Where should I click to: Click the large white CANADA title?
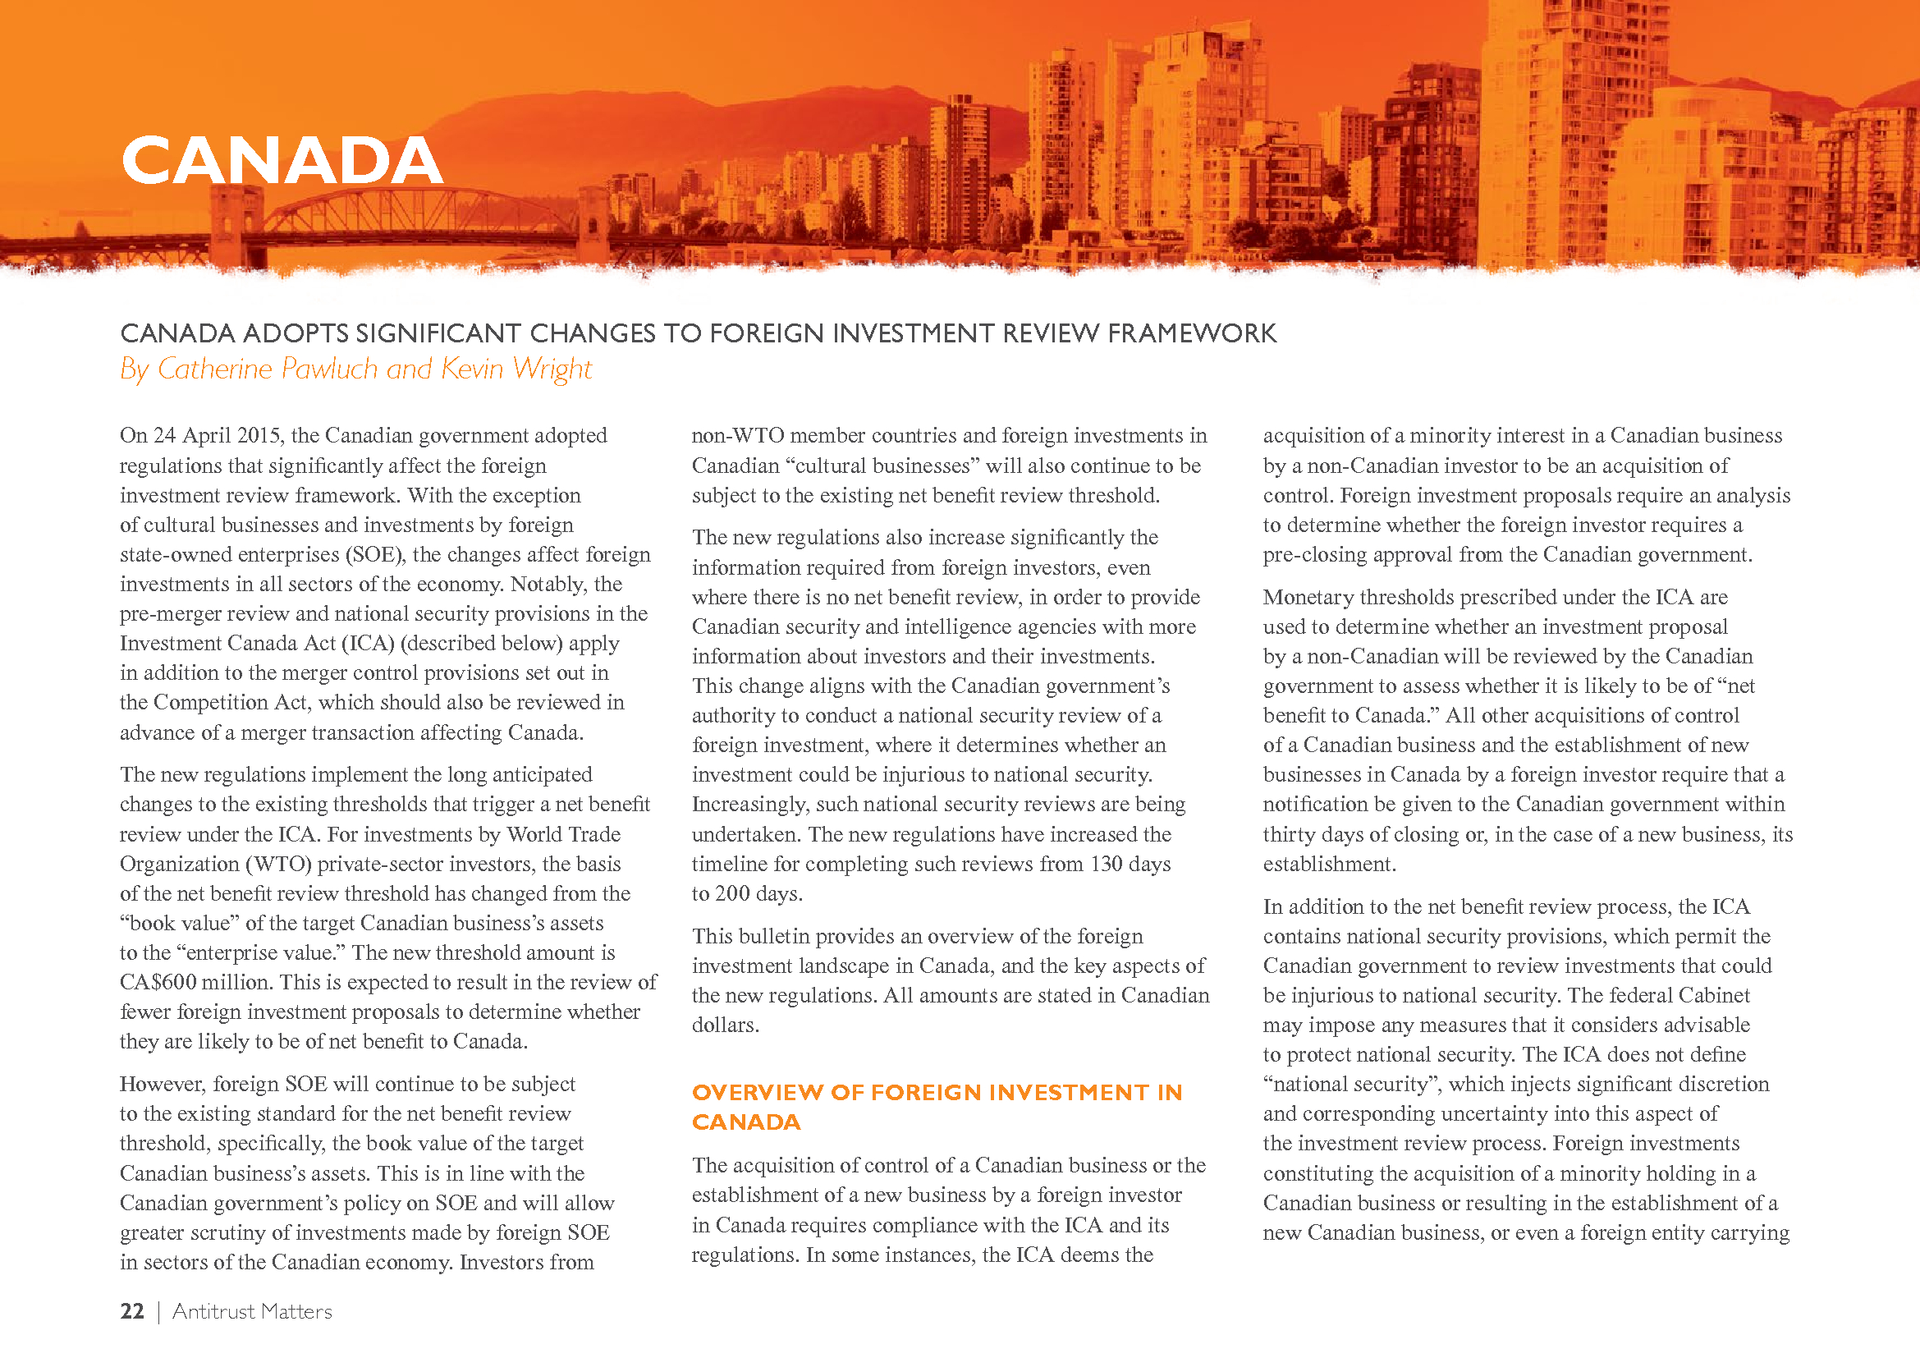[x=282, y=161]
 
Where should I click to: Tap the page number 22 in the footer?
[x=132, y=1311]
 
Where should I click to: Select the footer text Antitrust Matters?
[x=252, y=1311]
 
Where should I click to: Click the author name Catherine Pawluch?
[x=268, y=369]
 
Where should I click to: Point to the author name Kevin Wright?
[x=516, y=369]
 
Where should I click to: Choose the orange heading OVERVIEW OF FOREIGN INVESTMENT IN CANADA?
[x=937, y=1106]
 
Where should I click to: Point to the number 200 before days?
[x=731, y=894]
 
